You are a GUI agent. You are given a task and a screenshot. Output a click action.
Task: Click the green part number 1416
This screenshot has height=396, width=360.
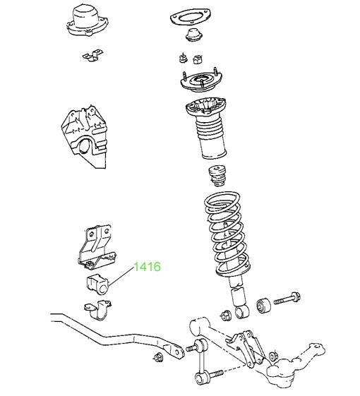pyautogui.click(x=147, y=267)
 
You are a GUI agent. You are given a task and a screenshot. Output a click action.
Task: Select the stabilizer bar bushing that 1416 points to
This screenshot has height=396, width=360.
pyautogui.click(x=97, y=285)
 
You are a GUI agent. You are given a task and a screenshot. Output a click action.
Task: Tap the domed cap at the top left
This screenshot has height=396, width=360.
pyautogui.click(x=88, y=21)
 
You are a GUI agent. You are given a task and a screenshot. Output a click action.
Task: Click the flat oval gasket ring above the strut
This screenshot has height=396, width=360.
pyautogui.click(x=190, y=18)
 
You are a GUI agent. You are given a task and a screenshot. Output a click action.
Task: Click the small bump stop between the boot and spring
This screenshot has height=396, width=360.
pyautogui.click(x=217, y=176)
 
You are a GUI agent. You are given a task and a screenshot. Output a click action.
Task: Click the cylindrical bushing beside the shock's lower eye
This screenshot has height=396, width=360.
pyautogui.click(x=263, y=306)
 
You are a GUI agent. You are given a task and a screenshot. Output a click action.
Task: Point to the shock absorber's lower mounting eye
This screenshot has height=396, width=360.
pyautogui.click(x=242, y=311)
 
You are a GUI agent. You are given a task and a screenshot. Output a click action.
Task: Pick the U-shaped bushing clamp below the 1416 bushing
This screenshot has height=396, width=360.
pyautogui.click(x=98, y=310)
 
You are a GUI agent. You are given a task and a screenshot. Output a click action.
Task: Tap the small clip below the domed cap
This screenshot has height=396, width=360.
pyautogui.click(x=92, y=56)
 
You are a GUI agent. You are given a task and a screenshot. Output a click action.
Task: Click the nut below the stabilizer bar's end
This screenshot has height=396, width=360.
pyautogui.click(x=157, y=357)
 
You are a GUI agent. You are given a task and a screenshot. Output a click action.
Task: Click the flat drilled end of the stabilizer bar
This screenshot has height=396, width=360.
pyautogui.click(x=174, y=350)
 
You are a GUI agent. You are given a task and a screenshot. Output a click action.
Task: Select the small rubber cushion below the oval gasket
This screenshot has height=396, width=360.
pyautogui.click(x=194, y=35)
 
